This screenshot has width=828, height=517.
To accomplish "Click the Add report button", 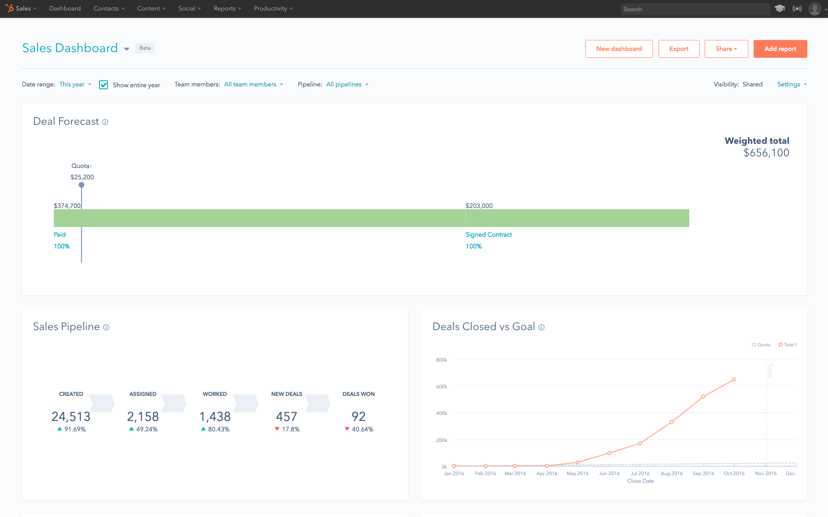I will tap(780, 49).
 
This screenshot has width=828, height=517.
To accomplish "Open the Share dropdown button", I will tap(726, 49).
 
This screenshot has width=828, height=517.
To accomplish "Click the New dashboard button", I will tap(619, 49).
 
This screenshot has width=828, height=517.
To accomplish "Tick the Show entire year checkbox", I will tap(103, 85).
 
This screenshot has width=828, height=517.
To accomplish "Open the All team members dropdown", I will tap(253, 84).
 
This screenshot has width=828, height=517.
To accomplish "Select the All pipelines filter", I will tap(347, 84).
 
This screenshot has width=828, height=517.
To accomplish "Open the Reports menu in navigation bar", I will tap(227, 8).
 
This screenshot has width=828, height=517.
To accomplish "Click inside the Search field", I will tap(695, 9).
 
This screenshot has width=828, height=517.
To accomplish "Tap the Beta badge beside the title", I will tap(145, 48).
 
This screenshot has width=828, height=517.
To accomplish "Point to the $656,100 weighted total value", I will tap(766, 153).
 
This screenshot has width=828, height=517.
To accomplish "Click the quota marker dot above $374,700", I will tap(81, 185).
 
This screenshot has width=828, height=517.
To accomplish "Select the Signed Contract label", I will tap(488, 235).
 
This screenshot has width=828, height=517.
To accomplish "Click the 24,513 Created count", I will tap(71, 416).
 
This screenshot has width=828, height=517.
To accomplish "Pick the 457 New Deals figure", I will tap(286, 416).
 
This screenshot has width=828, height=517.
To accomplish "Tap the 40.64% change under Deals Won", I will tap(362, 429).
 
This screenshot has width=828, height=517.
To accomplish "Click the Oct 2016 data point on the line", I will tap(733, 380).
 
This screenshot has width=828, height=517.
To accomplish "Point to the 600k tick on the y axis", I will tap(441, 387).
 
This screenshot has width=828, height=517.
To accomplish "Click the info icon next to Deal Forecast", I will tap(105, 122).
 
